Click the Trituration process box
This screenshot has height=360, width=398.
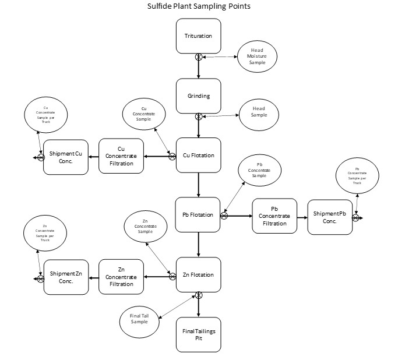point(199,36)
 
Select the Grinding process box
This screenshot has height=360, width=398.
point(199,96)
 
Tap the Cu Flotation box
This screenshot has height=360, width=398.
point(199,156)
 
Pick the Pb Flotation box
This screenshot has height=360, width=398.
point(199,215)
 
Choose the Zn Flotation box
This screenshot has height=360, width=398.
point(199,275)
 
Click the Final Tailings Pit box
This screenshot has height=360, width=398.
point(199,334)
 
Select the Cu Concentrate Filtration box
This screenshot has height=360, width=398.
point(121,156)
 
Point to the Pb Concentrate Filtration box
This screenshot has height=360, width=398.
point(274,216)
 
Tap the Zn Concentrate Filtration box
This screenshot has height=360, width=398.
point(121,275)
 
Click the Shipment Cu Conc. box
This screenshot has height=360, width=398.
point(65,156)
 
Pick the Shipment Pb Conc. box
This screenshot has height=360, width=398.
point(330,217)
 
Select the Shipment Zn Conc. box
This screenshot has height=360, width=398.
point(65,275)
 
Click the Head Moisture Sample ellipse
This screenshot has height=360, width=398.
point(257,57)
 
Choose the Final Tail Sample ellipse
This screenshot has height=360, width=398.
point(139,318)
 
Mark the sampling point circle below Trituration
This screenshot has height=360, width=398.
point(199,57)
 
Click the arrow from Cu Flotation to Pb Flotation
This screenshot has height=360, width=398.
point(199,185)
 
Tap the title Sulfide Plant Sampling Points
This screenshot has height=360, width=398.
point(199,7)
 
